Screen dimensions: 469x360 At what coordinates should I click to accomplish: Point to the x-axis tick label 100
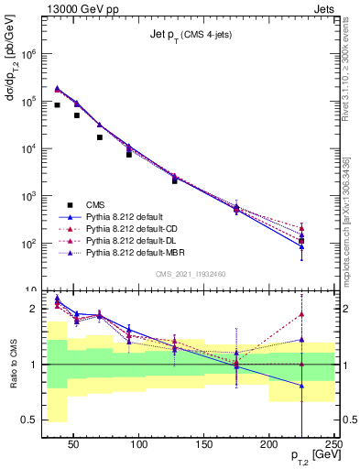point(139,444)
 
